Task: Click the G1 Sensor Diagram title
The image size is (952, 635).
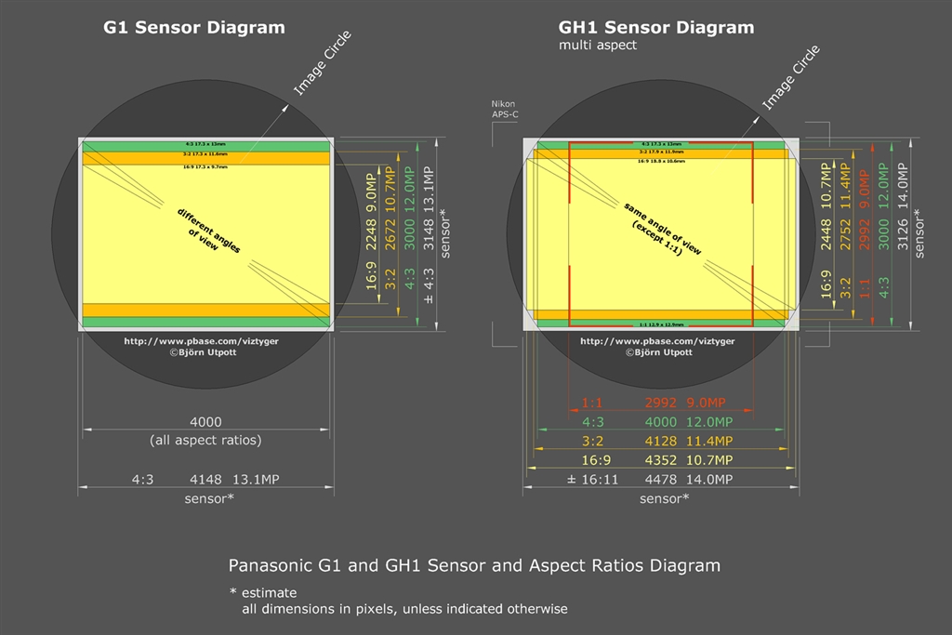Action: tap(193, 27)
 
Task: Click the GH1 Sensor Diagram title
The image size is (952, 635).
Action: tap(654, 27)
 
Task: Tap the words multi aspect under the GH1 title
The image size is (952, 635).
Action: tap(598, 45)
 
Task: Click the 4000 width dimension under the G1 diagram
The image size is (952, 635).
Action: tap(205, 420)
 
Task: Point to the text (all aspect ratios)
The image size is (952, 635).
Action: tap(205, 439)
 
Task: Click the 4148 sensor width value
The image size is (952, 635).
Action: tap(205, 480)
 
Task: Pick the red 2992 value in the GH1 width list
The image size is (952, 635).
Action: tap(661, 403)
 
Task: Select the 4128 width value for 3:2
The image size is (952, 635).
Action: tap(661, 441)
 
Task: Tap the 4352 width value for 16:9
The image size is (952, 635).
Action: tap(661, 460)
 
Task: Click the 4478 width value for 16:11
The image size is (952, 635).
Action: tap(661, 480)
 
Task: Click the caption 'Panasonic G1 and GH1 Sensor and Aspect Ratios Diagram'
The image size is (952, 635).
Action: tap(474, 565)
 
